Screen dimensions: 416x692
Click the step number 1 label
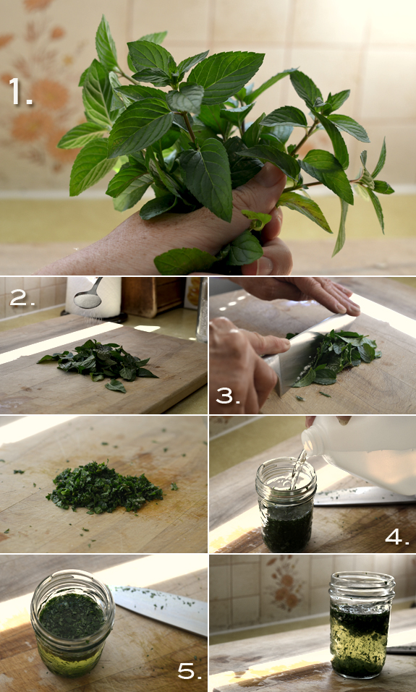(20, 92)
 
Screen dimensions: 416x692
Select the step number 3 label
(228, 396)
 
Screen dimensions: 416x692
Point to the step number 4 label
(397, 537)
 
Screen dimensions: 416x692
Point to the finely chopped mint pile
(104, 488)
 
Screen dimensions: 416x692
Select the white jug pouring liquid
(362, 455)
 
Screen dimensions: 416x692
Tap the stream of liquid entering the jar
(297, 469)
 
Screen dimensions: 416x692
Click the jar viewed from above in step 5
(72, 623)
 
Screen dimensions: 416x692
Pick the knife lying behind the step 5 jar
(159, 609)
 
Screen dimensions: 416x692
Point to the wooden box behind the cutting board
(153, 297)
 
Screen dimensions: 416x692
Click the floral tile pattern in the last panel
(285, 585)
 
